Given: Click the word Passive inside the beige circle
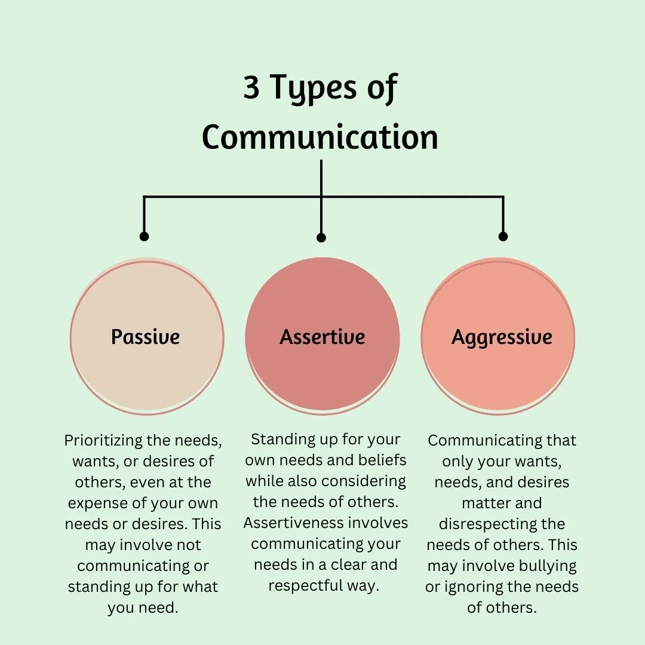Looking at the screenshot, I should [x=145, y=337].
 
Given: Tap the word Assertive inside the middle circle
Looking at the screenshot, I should [x=322, y=337].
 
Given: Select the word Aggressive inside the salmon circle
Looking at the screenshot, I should [x=502, y=337].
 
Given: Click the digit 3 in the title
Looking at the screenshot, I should [x=251, y=88].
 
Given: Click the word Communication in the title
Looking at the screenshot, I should [x=320, y=137].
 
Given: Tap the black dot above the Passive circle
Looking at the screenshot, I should [x=144, y=236].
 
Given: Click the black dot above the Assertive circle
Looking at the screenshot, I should [x=321, y=238].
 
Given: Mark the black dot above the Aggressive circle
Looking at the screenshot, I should [x=503, y=236].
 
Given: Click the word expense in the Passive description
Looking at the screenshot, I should [x=96, y=503].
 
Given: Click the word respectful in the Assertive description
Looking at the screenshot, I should [x=305, y=585].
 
